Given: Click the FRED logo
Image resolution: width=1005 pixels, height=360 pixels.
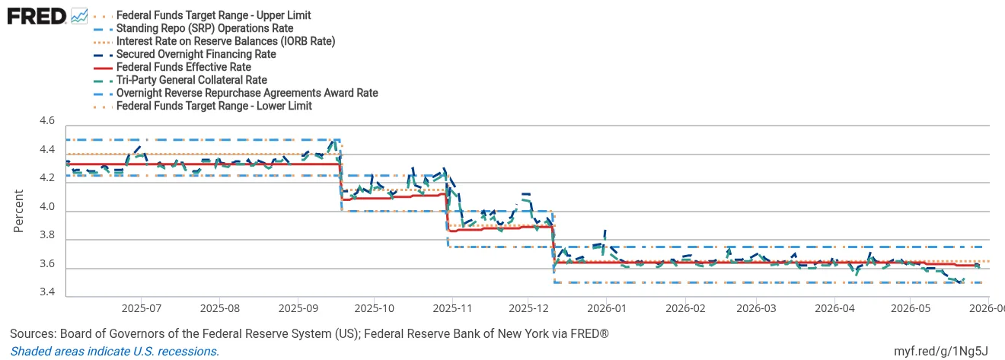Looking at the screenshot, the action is click(37, 17).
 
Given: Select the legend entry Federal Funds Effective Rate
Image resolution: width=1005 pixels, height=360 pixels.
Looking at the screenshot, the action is click(183, 67).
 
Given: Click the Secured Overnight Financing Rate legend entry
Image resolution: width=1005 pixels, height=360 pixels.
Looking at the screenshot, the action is click(196, 54).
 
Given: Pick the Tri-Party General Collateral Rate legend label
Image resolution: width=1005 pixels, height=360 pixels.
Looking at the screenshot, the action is click(192, 80).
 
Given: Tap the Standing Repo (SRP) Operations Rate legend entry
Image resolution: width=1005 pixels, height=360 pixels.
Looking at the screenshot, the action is click(205, 28).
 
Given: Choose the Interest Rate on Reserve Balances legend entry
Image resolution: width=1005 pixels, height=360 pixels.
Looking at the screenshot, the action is click(225, 41).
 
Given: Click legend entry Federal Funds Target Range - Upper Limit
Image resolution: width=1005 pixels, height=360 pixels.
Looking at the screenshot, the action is click(213, 15).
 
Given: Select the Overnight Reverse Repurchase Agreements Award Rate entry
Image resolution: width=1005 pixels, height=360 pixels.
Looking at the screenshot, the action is click(247, 94).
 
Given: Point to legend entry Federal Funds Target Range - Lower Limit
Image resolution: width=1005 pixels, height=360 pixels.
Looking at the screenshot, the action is click(214, 107).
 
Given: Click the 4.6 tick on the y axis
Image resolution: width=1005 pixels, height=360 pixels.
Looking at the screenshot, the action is click(47, 120).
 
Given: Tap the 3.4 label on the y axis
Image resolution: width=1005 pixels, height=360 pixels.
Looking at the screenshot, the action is click(47, 292).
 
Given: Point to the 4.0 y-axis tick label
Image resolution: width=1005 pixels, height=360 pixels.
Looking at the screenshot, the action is click(47, 207).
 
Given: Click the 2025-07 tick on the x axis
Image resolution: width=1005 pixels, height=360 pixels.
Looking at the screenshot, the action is click(142, 308).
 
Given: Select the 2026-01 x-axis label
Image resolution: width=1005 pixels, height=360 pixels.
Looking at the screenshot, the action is click(607, 308).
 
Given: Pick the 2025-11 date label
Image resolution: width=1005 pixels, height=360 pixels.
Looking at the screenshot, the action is click(452, 308).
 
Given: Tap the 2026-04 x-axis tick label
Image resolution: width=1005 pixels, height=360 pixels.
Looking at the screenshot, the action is click(834, 308).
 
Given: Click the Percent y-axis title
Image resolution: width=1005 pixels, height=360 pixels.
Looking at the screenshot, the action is click(18, 211).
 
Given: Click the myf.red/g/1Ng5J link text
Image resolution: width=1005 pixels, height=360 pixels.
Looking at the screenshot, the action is click(941, 351).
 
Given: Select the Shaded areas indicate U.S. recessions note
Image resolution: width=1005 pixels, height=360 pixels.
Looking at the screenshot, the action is click(115, 351).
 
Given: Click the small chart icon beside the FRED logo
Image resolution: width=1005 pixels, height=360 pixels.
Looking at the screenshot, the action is click(79, 17).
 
